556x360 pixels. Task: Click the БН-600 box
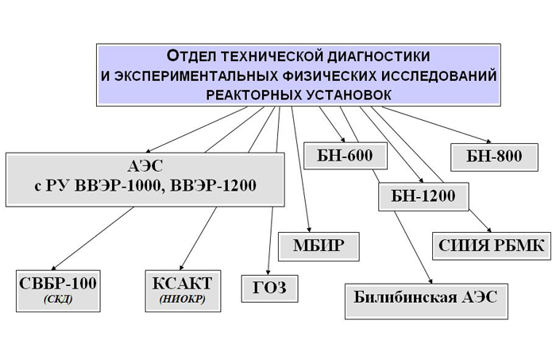tap(344, 156)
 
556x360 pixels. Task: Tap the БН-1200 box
tap(423, 197)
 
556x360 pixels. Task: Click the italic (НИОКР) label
tap(183, 300)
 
